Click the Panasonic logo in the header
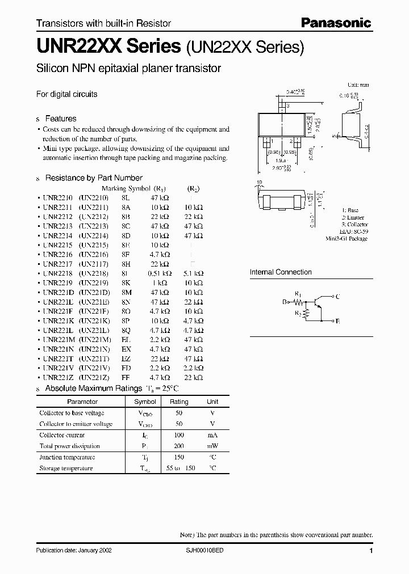tap(336, 23)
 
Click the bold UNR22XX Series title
tap(108, 47)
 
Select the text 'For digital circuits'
tap(66, 94)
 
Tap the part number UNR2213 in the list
tap(56, 225)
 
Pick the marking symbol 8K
tap(126, 282)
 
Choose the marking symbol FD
tap(126, 368)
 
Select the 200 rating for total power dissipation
tap(179, 446)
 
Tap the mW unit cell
tap(212, 446)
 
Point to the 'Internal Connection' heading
tap(281, 272)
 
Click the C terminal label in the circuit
tap(338, 297)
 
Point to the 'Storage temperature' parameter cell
tap(65, 469)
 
